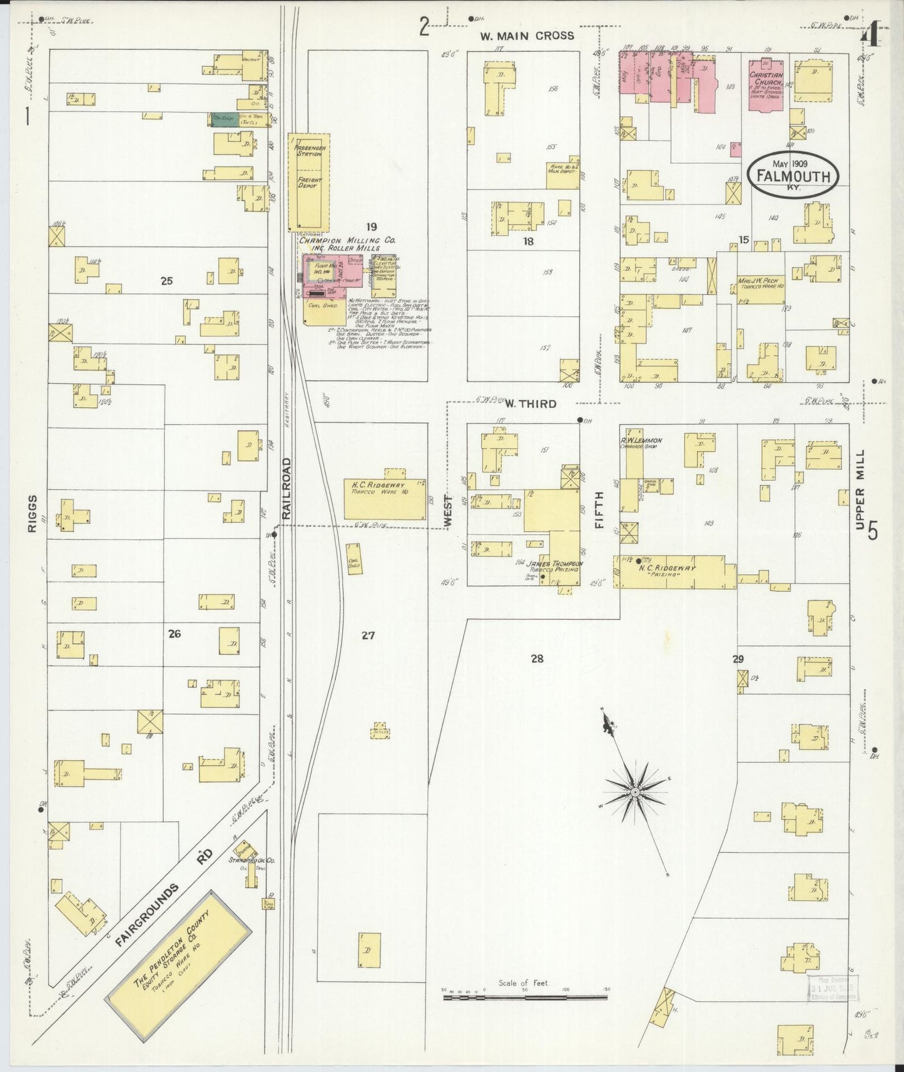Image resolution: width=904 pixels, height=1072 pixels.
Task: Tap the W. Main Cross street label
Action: (527, 36)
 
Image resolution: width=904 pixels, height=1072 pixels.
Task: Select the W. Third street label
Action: (531, 404)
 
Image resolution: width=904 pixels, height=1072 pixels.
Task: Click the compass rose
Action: (634, 791)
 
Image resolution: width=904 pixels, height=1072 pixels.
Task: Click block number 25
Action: (166, 281)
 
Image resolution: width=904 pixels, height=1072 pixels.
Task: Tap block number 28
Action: (537, 658)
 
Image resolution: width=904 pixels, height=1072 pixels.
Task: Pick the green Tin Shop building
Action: (224, 119)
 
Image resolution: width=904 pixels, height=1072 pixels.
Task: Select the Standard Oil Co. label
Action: (251, 860)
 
